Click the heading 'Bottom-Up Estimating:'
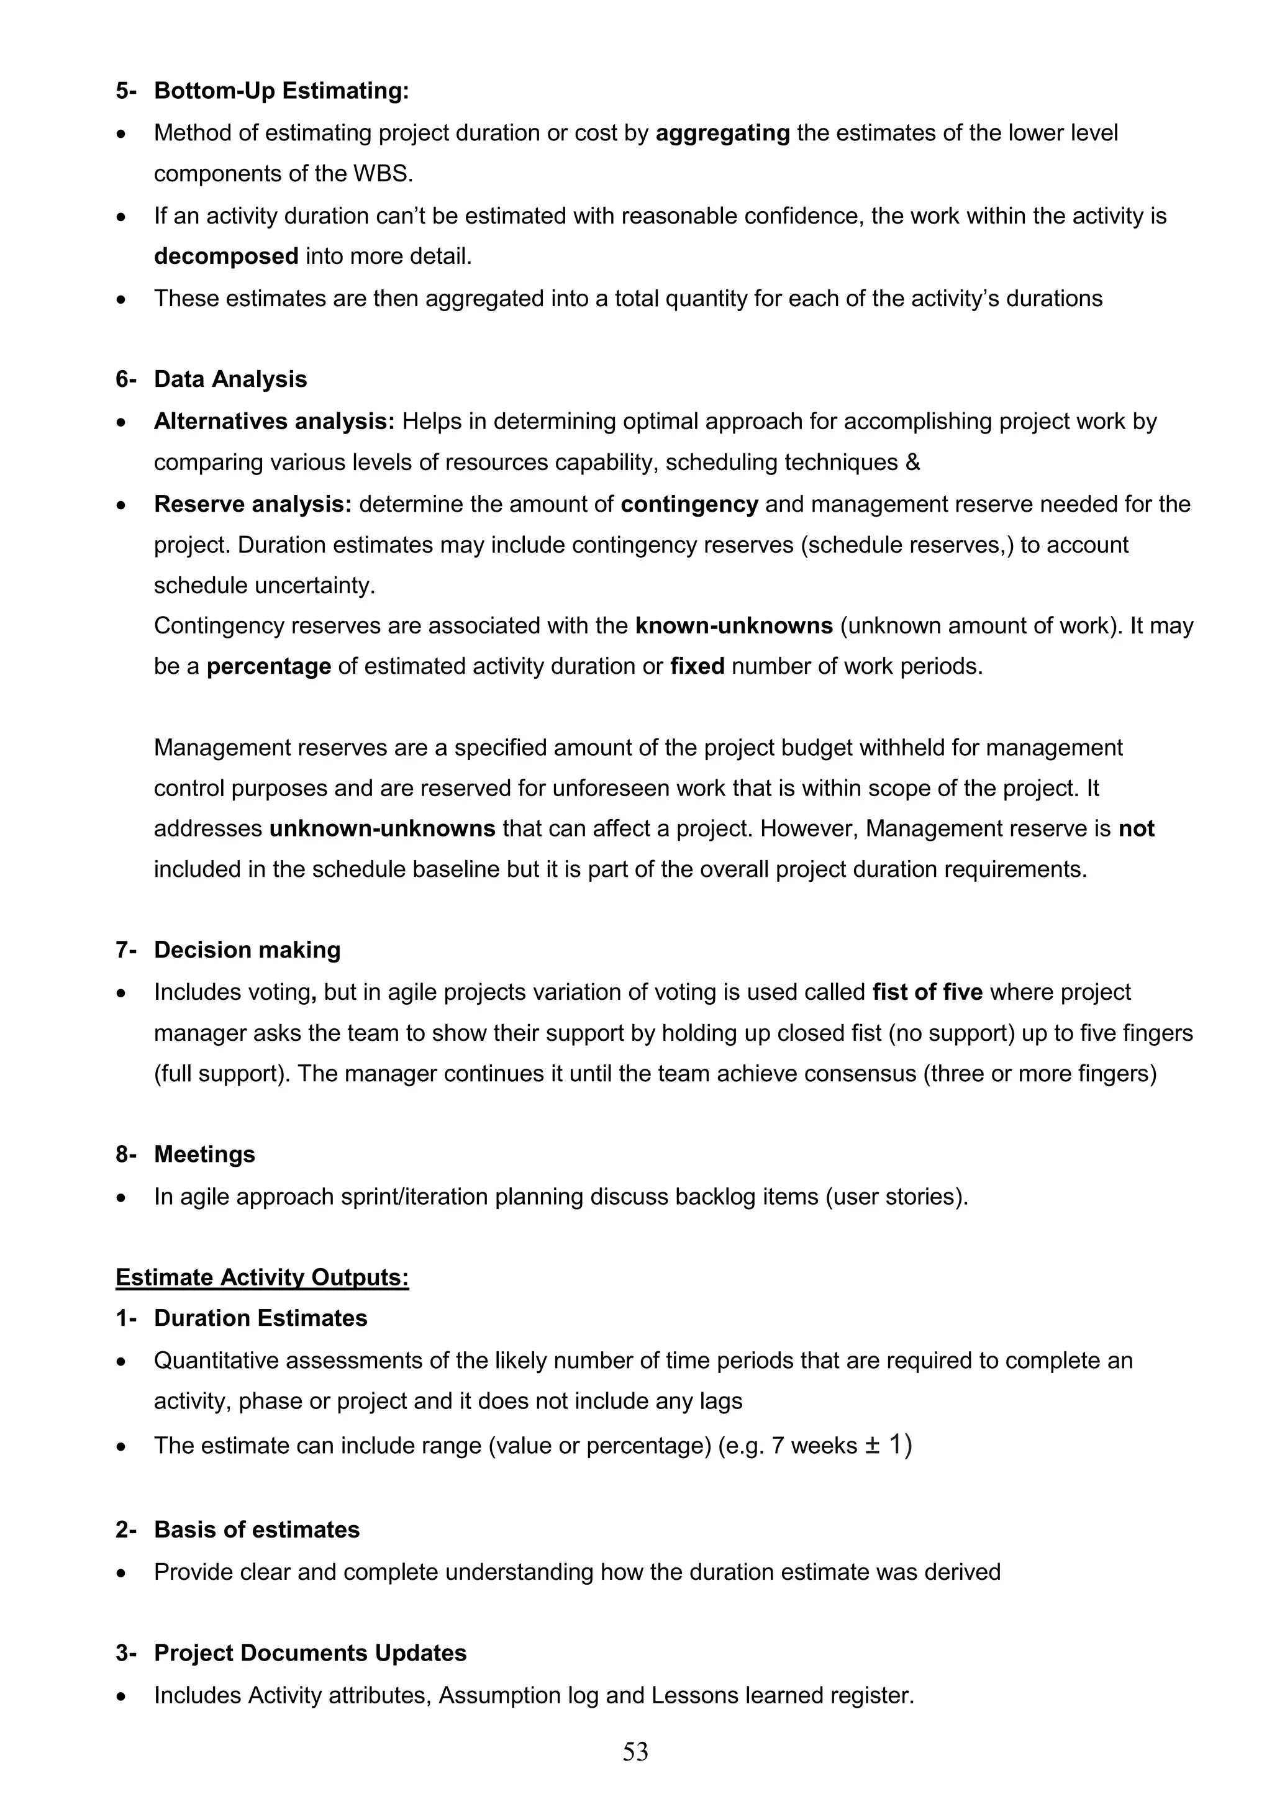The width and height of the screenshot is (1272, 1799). (x=281, y=91)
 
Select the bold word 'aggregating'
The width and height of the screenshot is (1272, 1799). (x=722, y=133)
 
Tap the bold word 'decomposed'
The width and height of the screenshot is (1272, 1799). (x=225, y=256)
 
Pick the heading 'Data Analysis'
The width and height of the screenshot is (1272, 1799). (x=230, y=379)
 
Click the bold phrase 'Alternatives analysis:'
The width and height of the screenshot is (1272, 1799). (x=275, y=422)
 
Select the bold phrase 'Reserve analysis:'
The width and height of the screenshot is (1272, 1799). (x=252, y=504)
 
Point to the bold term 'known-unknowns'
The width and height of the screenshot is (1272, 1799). (x=734, y=625)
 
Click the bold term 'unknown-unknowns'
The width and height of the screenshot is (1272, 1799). (x=382, y=828)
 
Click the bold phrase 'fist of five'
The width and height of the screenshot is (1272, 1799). (x=927, y=992)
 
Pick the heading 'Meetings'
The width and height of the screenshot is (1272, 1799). (x=204, y=1154)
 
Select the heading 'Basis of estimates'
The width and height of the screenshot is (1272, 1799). (x=257, y=1529)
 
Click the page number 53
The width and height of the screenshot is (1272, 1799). (x=635, y=1751)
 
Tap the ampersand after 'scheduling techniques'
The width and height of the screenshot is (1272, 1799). (x=912, y=462)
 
